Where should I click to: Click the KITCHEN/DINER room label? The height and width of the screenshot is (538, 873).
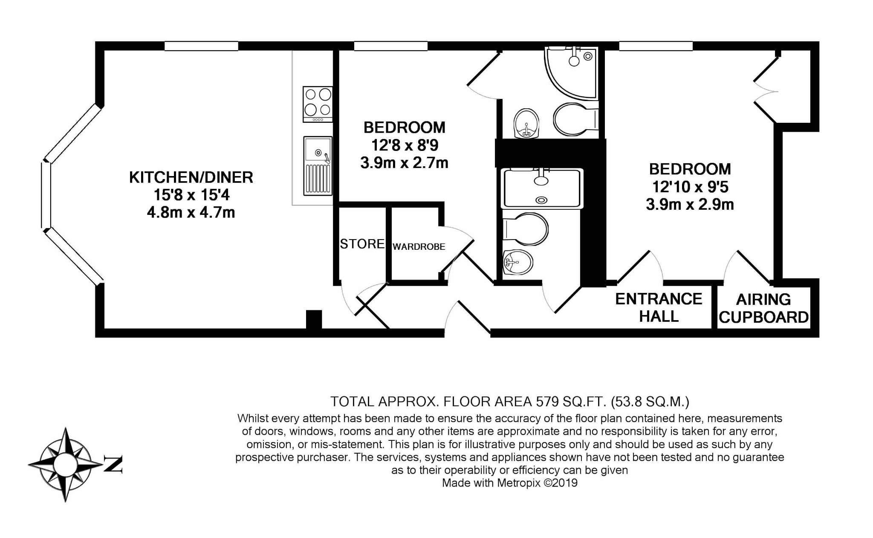click(191, 177)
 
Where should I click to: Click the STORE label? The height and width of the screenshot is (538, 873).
click(362, 244)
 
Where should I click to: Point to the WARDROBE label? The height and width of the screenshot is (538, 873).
click(419, 247)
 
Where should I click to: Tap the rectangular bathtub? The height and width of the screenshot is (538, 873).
click(542, 188)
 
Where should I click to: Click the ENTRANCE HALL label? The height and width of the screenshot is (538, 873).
click(659, 307)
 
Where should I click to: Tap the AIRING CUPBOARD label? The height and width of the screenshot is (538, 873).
click(763, 308)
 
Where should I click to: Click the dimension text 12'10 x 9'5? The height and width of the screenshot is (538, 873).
click(690, 187)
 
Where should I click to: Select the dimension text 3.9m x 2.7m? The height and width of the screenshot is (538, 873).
click(404, 163)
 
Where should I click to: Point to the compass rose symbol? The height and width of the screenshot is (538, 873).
click(65, 464)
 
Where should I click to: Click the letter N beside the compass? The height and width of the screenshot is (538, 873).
click(113, 464)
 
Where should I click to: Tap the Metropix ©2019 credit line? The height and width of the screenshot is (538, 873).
click(509, 483)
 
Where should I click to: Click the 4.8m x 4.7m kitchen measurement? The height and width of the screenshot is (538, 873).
click(191, 212)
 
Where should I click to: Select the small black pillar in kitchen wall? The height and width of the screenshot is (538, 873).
click(314, 319)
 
